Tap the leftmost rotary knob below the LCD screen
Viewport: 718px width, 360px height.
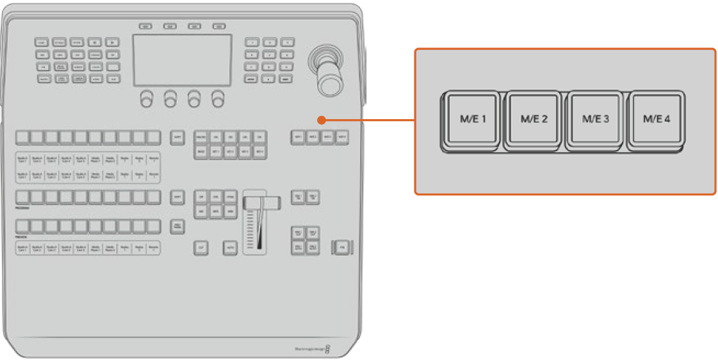[147, 99]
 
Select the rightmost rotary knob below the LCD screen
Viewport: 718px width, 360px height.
[219, 99]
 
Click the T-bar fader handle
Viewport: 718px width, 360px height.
[261, 202]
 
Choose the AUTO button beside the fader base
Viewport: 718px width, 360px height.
[230, 247]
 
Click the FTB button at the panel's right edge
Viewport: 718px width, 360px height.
[342, 247]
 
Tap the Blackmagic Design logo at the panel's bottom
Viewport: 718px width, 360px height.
[311, 348]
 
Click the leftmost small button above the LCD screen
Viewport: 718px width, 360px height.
[145, 26]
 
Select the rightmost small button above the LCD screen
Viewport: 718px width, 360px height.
[219, 26]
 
